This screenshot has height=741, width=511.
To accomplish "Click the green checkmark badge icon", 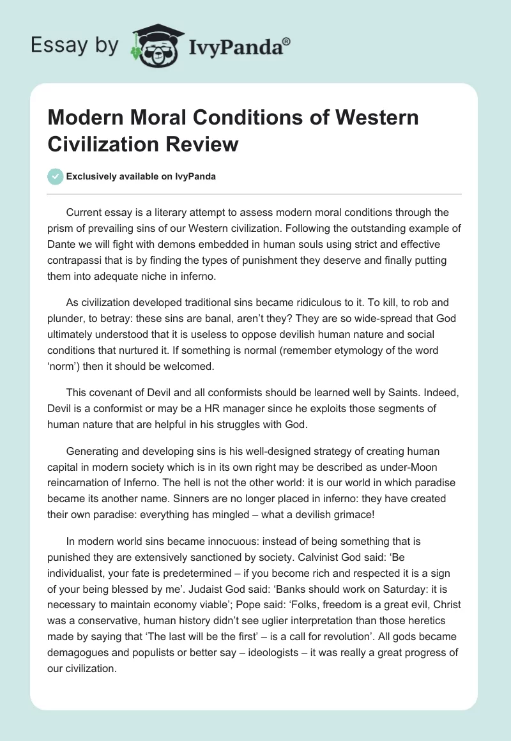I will pos(56,176).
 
